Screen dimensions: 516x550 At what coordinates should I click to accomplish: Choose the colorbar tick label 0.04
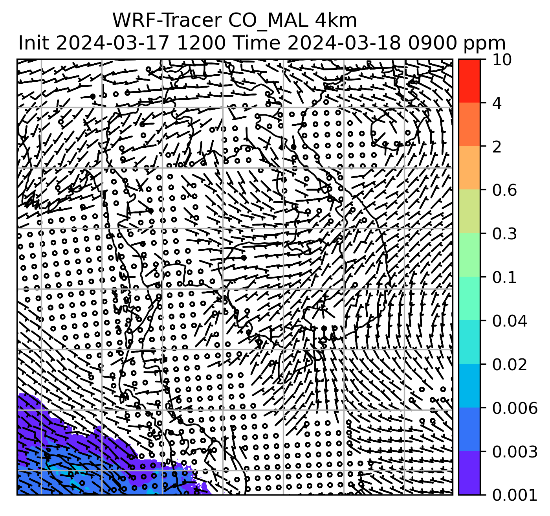coord(509,321)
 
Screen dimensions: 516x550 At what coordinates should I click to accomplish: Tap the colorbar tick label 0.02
coord(509,365)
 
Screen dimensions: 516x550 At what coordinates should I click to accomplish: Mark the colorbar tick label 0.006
coord(514,408)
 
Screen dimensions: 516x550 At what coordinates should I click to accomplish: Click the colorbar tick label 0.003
coord(514,452)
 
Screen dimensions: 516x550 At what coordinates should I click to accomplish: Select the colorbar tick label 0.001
coord(514,495)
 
